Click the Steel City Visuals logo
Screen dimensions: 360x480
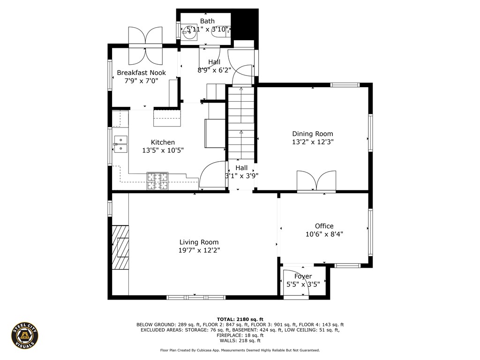click(x=25, y=335)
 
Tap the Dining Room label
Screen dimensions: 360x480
click(x=313, y=134)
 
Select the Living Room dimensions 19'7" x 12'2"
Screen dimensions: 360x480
click(x=199, y=250)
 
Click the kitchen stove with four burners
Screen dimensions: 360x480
click(x=157, y=181)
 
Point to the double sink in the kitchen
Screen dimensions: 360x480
click(x=120, y=144)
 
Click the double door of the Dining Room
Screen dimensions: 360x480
click(x=316, y=182)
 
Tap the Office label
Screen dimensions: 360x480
click(x=324, y=226)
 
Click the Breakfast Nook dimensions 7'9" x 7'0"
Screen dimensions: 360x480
click(x=141, y=81)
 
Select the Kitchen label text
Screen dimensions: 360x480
click(x=163, y=142)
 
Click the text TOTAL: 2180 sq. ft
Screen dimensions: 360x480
click(x=240, y=319)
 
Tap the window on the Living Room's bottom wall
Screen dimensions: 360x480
click(x=196, y=297)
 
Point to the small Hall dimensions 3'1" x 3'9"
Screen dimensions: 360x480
click(x=241, y=176)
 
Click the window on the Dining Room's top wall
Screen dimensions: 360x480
click(x=345, y=85)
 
